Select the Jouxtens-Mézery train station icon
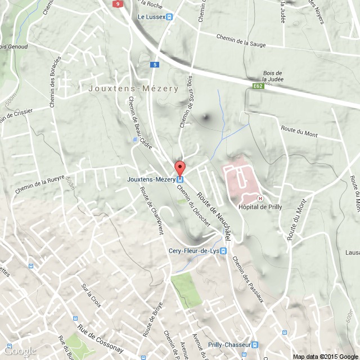coord(180,179)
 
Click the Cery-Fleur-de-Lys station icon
coord(223,251)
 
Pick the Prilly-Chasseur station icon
coord(255,344)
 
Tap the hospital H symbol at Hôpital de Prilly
coord(259,198)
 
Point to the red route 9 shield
coord(117,3)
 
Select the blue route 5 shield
coord(155,65)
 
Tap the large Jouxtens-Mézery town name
coord(133,89)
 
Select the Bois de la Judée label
coord(273,76)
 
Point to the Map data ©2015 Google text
coord(325,356)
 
